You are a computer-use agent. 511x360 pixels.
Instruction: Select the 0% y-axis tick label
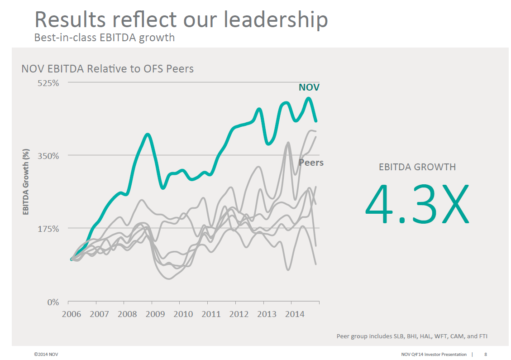(53, 302)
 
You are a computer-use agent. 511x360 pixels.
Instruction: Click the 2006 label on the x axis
(71, 314)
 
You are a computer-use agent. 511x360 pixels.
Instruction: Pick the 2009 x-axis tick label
(155, 314)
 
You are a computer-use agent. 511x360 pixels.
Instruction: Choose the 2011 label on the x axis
(211, 314)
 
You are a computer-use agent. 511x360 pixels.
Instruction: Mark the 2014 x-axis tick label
(294, 314)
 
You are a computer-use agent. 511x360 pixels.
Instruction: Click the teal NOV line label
(309, 87)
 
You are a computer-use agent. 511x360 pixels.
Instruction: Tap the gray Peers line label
(311, 163)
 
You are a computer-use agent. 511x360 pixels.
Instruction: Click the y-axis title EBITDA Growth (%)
(26, 182)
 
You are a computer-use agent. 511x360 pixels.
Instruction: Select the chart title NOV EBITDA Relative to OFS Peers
(108, 69)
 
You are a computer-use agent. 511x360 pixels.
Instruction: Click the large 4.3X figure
(417, 204)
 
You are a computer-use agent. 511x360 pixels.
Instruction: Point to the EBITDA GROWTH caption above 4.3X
(417, 167)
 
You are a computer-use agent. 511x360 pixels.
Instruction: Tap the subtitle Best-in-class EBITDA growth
(105, 38)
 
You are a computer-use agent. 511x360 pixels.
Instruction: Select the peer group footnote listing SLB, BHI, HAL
(412, 336)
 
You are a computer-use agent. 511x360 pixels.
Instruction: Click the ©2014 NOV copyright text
(46, 354)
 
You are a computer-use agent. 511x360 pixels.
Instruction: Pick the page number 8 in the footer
(486, 354)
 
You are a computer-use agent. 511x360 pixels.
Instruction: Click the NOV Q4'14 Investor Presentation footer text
(434, 354)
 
